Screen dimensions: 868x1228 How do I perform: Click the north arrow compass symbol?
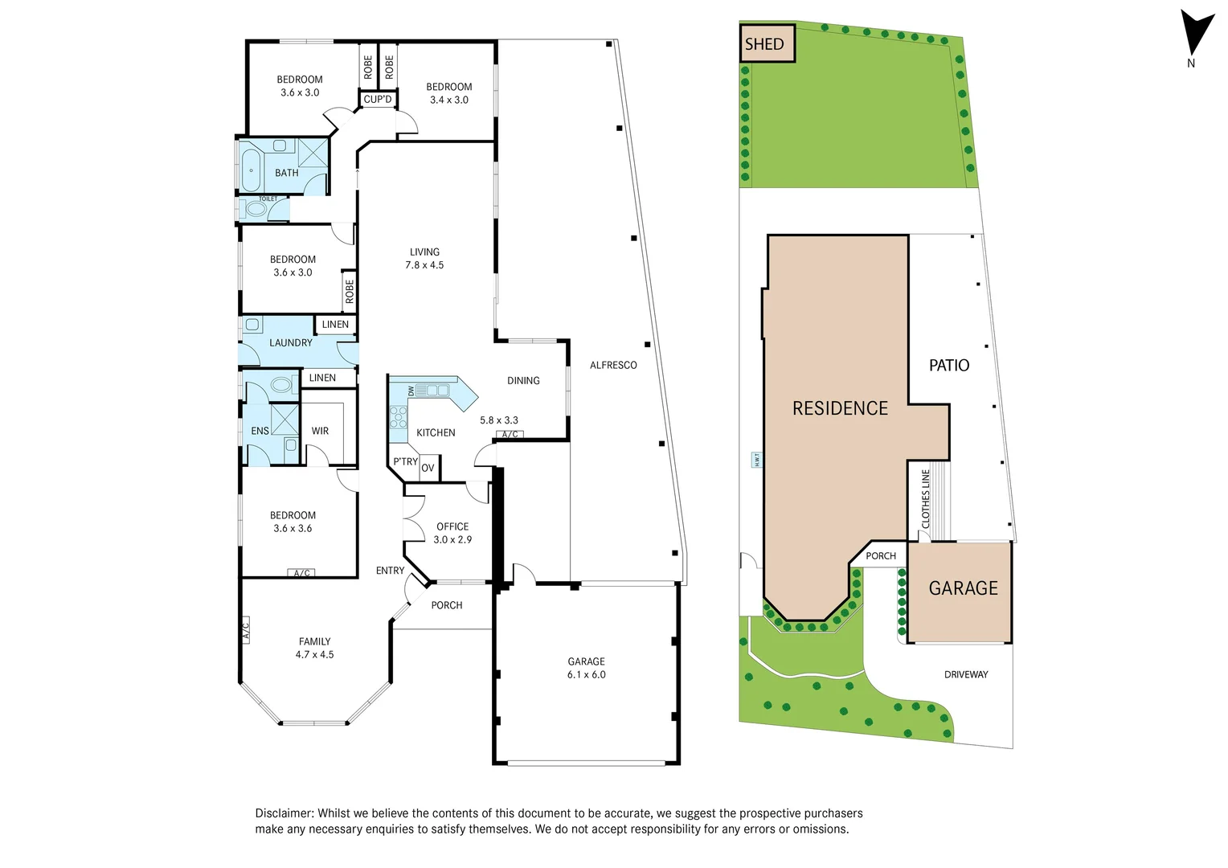1196,34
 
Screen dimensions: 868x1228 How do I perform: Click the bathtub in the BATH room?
252,170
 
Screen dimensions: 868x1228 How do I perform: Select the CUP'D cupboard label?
378,100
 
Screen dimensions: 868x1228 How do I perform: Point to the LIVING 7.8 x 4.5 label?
424,258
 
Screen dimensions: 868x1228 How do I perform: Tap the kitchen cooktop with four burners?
399,417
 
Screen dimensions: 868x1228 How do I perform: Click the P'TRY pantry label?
405,462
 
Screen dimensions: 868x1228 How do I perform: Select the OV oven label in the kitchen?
428,468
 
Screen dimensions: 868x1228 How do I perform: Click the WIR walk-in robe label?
320,432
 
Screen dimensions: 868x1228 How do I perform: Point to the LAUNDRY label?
290,343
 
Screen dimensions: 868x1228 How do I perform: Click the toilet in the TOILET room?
256,209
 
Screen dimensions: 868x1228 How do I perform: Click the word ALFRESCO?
613,366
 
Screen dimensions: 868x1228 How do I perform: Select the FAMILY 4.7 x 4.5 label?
314,648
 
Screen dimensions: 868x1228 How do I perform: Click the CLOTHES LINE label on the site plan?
926,499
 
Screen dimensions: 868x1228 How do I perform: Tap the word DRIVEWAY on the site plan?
966,675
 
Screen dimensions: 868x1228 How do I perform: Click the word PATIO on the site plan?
949,366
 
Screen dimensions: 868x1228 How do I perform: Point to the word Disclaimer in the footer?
284,813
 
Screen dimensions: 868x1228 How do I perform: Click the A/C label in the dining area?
510,435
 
